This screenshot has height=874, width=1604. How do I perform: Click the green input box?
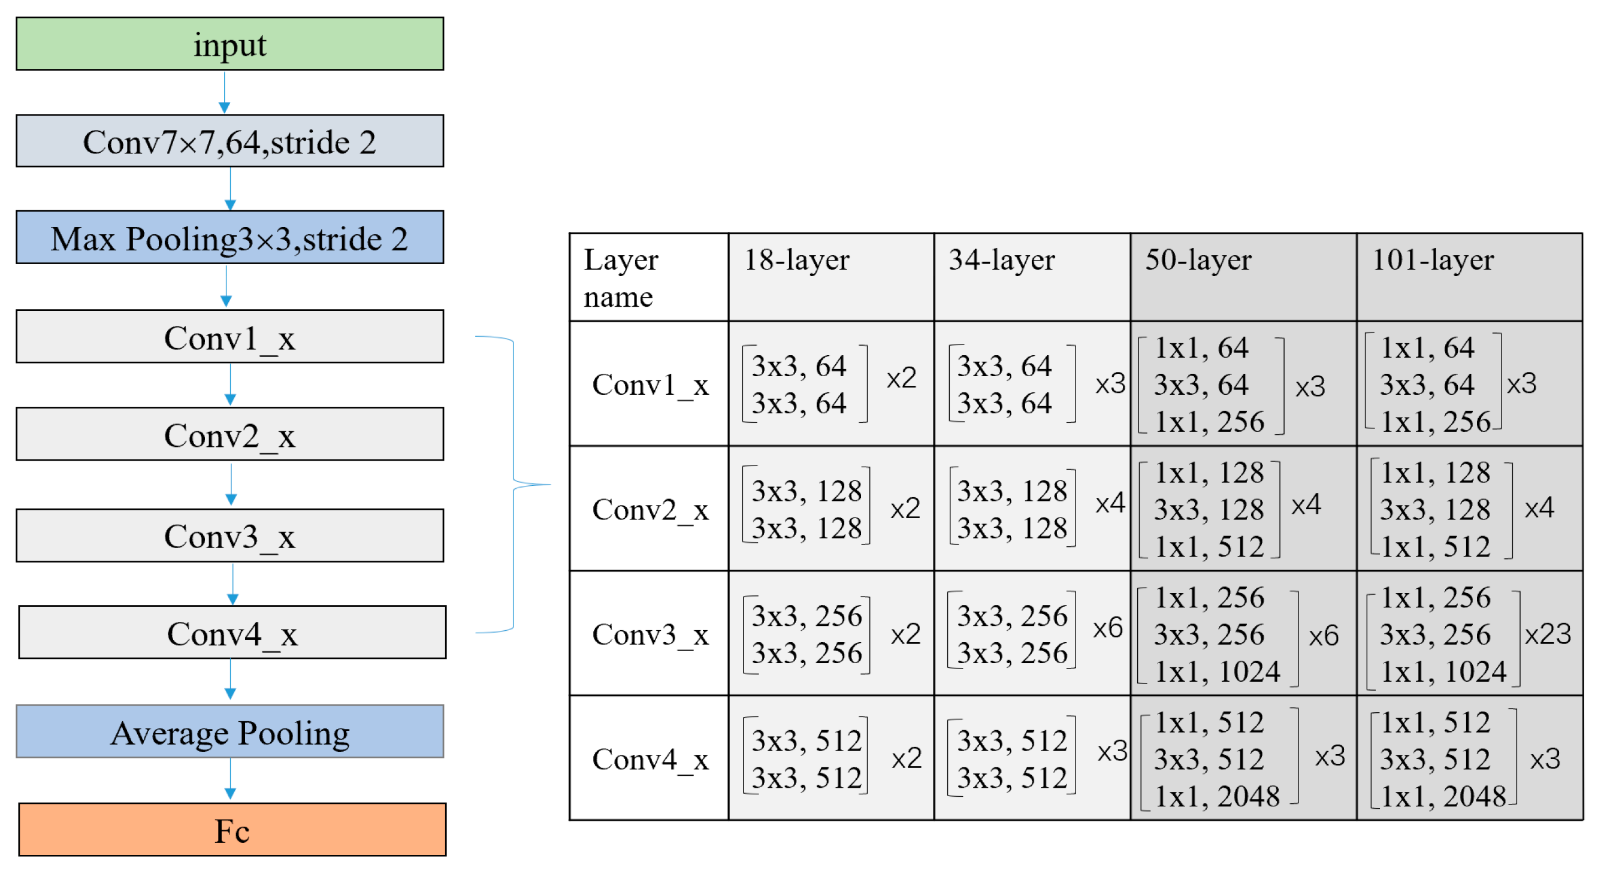(x=229, y=44)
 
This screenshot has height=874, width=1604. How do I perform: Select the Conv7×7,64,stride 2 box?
(x=229, y=141)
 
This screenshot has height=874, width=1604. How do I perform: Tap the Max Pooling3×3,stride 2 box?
(x=229, y=238)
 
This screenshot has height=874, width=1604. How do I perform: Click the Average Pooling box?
(x=229, y=731)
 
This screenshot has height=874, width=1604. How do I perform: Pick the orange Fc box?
(x=232, y=830)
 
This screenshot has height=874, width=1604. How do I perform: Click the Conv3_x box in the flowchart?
(x=229, y=536)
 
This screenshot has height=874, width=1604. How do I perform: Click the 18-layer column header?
(x=796, y=260)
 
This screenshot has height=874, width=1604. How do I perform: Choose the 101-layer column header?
(x=1433, y=260)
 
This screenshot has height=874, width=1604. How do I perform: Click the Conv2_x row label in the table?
(x=650, y=510)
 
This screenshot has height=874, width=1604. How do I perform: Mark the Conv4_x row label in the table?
(x=650, y=760)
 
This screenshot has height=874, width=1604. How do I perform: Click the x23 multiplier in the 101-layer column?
(x=1547, y=634)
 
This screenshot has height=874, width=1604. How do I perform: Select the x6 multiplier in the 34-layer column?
(x=1108, y=628)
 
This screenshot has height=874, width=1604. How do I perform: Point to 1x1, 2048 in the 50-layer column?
(x=1217, y=796)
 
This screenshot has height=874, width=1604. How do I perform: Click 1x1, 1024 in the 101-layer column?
(x=1443, y=672)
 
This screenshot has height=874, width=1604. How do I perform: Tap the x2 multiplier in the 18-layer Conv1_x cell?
(x=901, y=379)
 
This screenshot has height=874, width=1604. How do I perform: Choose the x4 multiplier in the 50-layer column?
(x=1306, y=504)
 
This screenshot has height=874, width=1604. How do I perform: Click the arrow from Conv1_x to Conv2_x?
(x=231, y=385)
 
